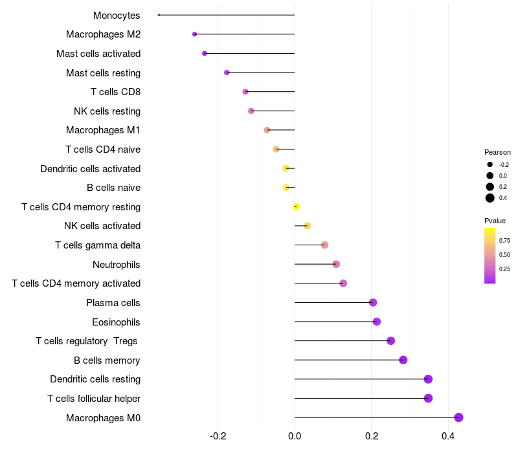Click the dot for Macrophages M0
[x=458, y=417]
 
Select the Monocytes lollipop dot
[x=159, y=15]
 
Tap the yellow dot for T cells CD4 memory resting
[x=297, y=206]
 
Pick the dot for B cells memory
[x=403, y=360]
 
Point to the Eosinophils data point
[x=377, y=322]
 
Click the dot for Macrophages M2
[x=194, y=34]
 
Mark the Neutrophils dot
[x=336, y=264]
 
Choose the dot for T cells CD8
[x=245, y=92]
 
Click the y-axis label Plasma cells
[x=113, y=303]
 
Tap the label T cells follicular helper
[x=94, y=399]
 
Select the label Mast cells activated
[x=98, y=54]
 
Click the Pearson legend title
[x=497, y=152]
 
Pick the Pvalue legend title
[x=495, y=221]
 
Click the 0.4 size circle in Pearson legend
[x=490, y=198]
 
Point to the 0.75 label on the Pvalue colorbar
[x=504, y=240]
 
